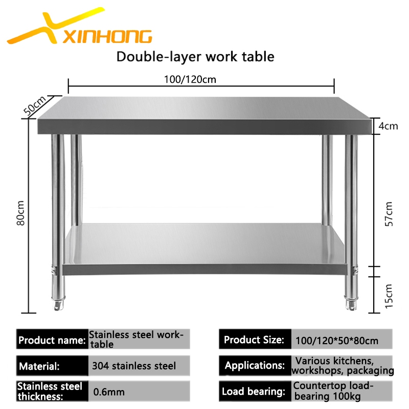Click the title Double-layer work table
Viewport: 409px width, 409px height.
pos(195,56)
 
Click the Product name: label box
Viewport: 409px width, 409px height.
pos(52,339)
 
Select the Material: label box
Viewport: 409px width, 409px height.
pos(52,366)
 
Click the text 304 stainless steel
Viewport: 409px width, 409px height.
pos(134,366)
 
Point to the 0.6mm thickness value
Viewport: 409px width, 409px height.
pos(108,393)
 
